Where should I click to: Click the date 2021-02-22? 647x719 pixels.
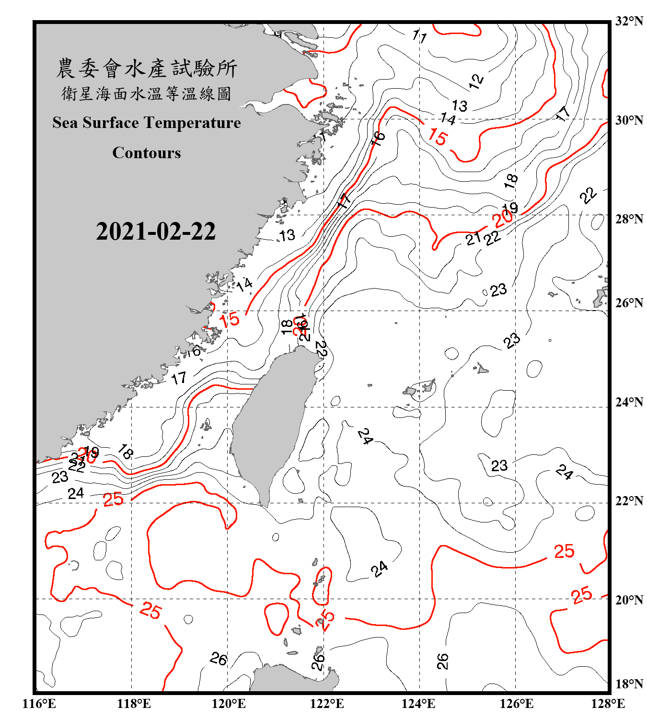tap(156, 231)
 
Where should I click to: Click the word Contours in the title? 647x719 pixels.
tap(147, 153)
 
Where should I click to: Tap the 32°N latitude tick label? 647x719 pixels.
tap(629, 21)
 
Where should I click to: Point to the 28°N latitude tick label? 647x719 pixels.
tap(629, 219)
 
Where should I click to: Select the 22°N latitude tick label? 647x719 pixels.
tap(629, 501)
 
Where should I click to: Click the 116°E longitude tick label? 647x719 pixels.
tap(39, 704)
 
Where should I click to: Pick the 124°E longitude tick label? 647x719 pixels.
tap(418, 704)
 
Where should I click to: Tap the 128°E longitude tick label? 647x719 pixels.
tap(608, 704)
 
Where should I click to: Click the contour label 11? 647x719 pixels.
tap(419, 36)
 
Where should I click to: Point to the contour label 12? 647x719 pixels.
tap(476, 81)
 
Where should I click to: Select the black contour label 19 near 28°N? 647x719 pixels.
tap(511, 208)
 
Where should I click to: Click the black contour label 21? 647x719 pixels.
tap(473, 238)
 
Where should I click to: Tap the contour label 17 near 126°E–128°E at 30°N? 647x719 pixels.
tap(563, 114)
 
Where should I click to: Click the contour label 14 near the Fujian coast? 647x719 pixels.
tap(244, 284)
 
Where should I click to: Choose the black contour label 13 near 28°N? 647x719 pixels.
tap(287, 235)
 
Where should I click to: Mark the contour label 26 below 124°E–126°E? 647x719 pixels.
tap(443, 661)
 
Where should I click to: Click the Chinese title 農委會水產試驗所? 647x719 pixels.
tap(147, 68)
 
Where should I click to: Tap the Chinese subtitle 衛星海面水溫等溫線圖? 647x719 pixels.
tap(147, 93)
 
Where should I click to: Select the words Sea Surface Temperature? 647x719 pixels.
tap(147, 123)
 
